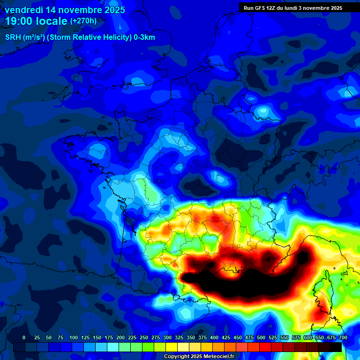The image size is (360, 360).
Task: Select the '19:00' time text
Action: tap(19, 22)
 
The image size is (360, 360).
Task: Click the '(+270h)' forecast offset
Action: tap(83, 21)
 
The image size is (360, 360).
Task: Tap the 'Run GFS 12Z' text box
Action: tap(292, 7)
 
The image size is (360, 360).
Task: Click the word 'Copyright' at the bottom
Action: tap(178, 357)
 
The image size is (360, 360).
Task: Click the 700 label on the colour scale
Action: tap(343, 337)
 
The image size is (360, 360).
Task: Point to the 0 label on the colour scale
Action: tap(24, 337)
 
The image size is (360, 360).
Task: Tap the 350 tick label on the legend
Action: tap(191, 337)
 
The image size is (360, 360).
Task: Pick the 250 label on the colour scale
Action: tap(144, 337)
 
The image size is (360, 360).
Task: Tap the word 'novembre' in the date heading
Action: tap(75, 9)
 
